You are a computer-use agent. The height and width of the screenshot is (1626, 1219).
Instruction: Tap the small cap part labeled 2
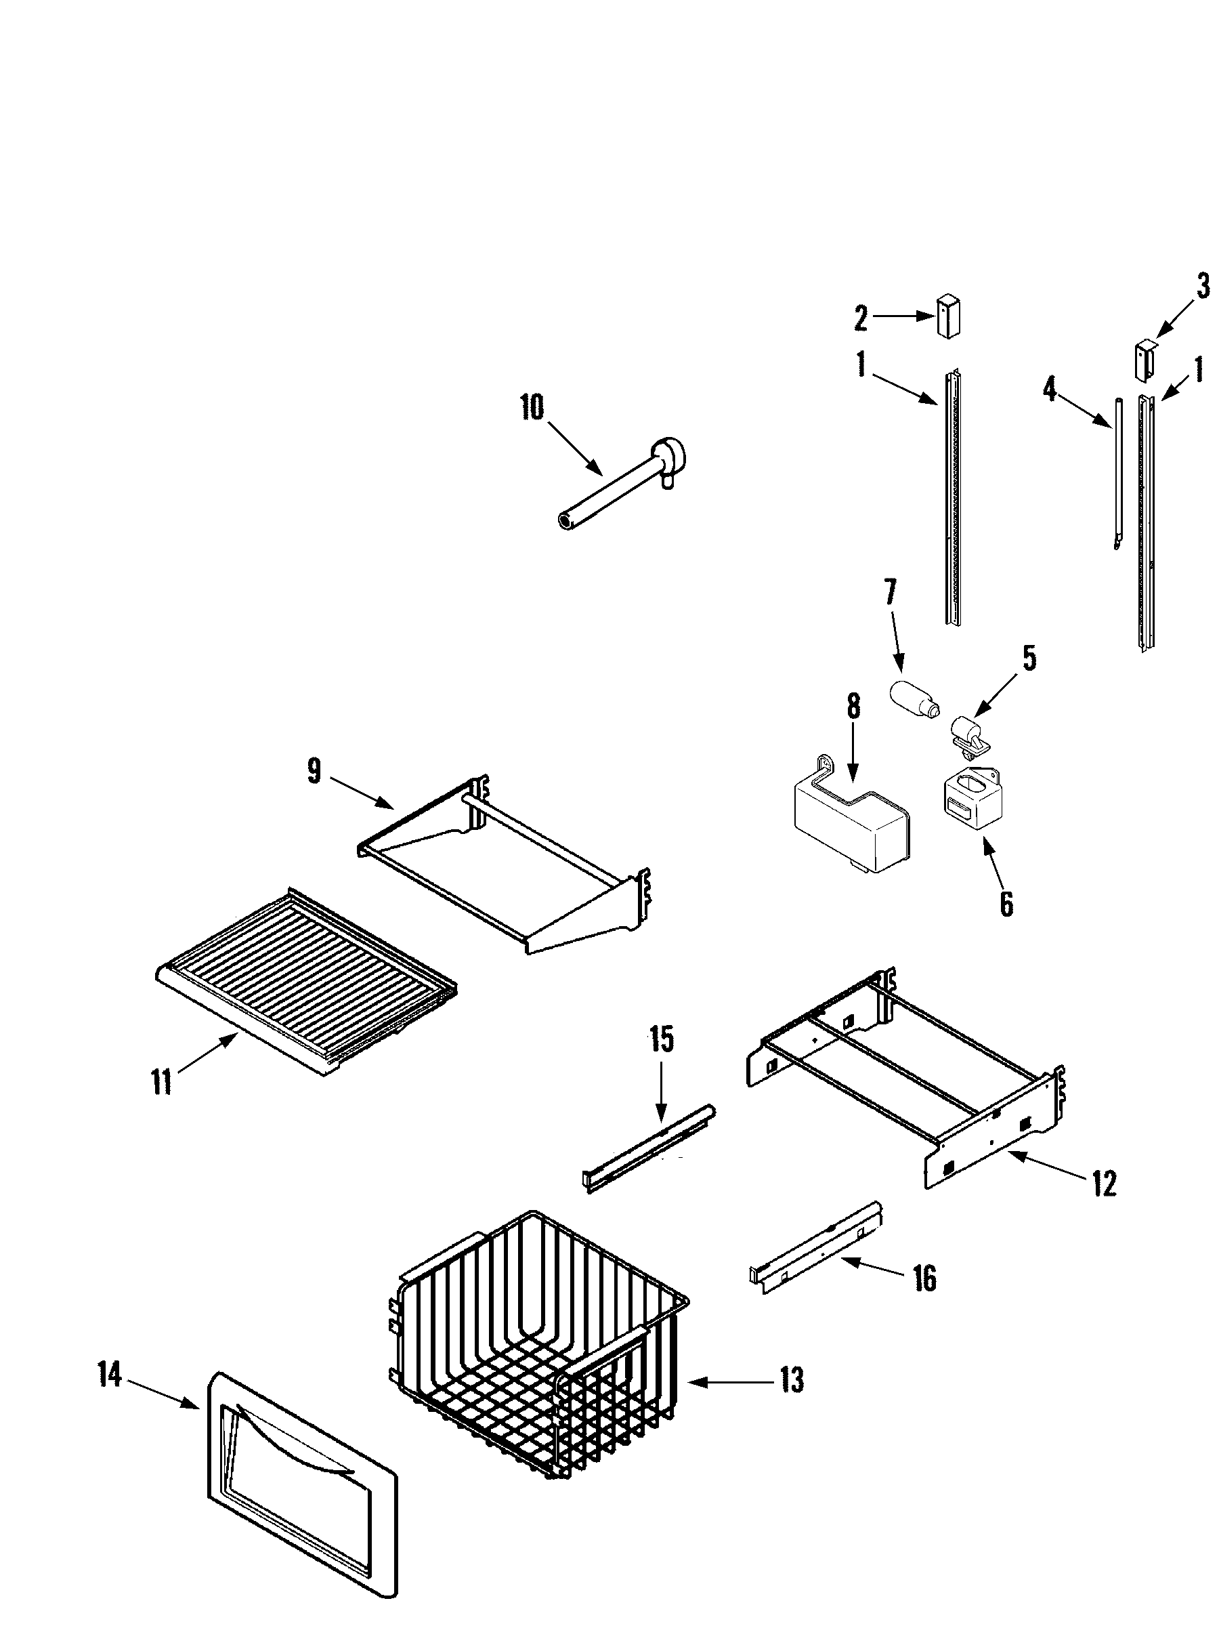click(x=949, y=317)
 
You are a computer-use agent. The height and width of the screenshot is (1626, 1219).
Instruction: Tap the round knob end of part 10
click(x=670, y=458)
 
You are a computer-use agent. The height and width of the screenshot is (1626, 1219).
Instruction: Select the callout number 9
click(x=314, y=772)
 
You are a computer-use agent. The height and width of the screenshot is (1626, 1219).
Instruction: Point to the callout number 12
click(x=1105, y=1183)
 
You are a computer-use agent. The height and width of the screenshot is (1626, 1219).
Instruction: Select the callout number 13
click(x=792, y=1381)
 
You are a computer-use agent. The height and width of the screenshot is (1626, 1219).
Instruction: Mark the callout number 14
click(x=110, y=1374)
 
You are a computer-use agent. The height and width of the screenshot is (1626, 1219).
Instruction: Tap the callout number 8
click(x=853, y=707)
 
